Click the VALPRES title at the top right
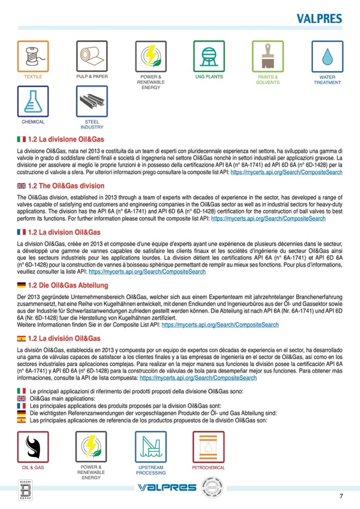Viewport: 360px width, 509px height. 319,19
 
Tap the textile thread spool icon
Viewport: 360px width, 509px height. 33,56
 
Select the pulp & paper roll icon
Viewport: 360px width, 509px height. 92,56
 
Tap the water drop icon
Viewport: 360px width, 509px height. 327,56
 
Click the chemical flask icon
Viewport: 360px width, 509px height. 33,101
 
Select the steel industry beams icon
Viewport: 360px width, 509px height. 92,101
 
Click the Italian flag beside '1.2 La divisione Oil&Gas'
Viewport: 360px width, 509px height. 21,139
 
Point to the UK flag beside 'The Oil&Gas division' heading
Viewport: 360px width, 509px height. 21,186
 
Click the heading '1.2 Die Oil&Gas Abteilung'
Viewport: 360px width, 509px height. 67,286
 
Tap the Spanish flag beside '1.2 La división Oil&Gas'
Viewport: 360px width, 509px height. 21,338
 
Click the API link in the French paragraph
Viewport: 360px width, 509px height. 147,271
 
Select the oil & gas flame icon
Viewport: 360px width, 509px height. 33,447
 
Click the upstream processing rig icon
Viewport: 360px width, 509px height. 151,447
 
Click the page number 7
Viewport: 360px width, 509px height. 341,496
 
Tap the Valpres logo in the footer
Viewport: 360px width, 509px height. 167,488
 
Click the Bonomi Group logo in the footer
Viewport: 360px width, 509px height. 25,489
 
